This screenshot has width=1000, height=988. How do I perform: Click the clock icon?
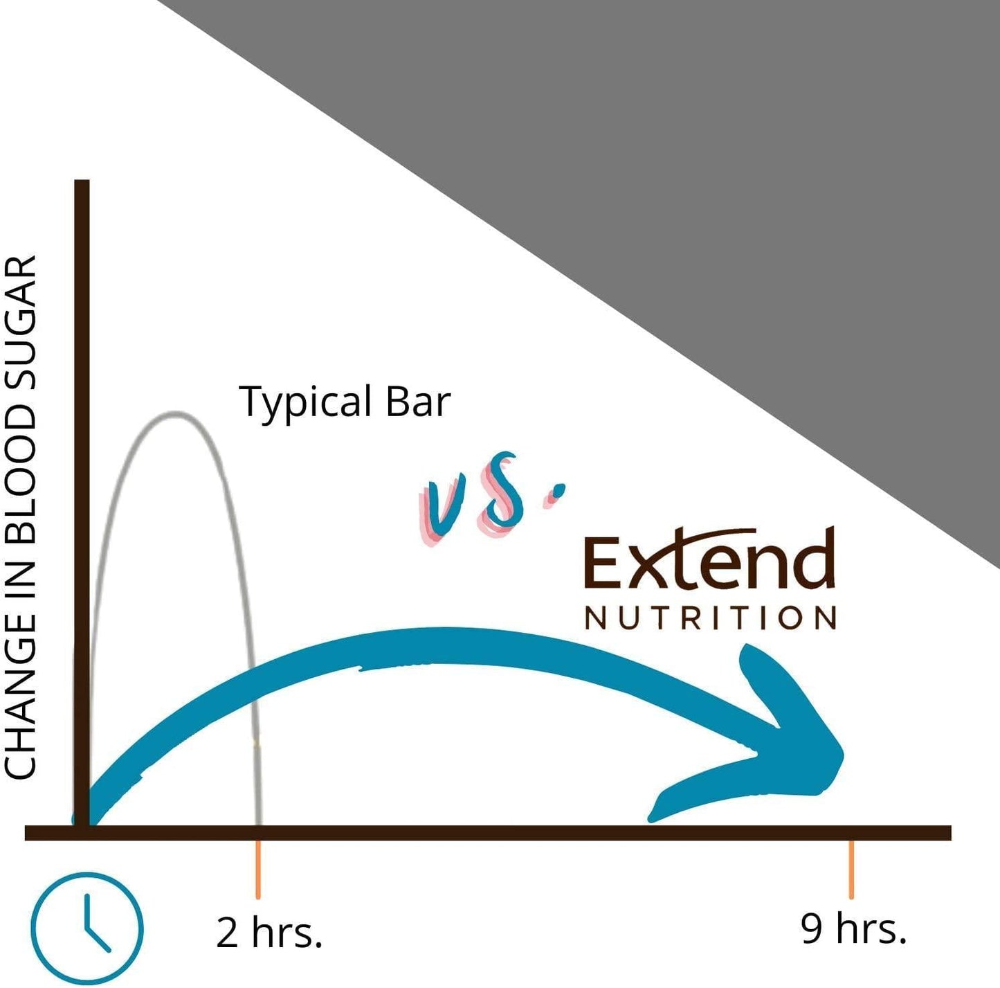tap(87, 928)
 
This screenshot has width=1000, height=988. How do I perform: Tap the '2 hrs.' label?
tap(269, 932)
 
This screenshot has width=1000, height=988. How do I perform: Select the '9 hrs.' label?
tap(853, 928)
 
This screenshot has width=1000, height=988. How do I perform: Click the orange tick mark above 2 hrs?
tap(258, 869)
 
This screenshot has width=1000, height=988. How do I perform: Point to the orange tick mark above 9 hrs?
tap(851, 869)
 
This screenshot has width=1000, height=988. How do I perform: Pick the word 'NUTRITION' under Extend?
tap(710, 618)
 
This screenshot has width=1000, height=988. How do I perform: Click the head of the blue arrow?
tap(782, 741)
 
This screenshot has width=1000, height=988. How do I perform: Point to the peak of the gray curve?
tap(176, 414)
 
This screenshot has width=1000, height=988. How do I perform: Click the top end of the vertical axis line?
tap(82, 183)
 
